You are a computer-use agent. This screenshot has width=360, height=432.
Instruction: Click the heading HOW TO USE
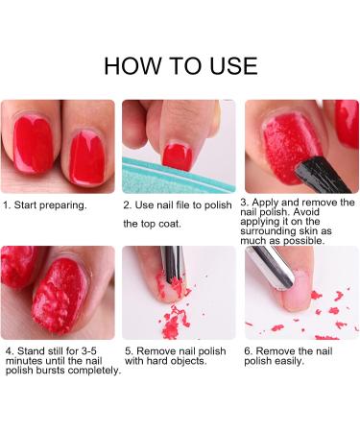click(x=180, y=65)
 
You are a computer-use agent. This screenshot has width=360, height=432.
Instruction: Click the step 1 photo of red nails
click(x=58, y=146)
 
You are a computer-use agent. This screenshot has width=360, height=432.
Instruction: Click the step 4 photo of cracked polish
click(x=58, y=293)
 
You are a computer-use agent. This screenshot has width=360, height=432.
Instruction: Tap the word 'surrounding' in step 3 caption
click(x=271, y=231)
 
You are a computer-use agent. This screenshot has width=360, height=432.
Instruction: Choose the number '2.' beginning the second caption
click(x=128, y=204)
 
